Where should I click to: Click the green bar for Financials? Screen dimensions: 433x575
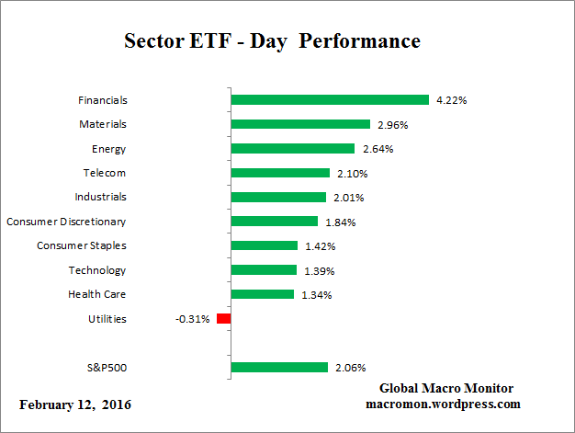pyautogui.click(x=330, y=100)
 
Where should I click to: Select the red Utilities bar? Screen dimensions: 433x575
pyautogui.click(x=223, y=319)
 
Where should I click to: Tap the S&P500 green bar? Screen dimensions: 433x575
pyautogui.click(x=279, y=368)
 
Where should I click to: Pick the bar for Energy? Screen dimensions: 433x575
pyautogui.click(x=292, y=149)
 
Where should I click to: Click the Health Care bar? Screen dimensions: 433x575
pyautogui.click(x=262, y=294)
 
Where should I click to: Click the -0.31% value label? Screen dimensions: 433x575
pyautogui.click(x=192, y=319)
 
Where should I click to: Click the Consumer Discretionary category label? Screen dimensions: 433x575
pyautogui.click(x=66, y=222)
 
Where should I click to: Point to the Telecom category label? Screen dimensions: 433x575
pyautogui.click(x=104, y=173)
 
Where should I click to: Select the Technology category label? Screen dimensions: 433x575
pyautogui.click(x=96, y=270)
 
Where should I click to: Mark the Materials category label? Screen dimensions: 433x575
pyautogui.click(x=102, y=124)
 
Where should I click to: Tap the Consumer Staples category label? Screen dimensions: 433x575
pyautogui.click(x=81, y=245)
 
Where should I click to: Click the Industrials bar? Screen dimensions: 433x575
pyautogui.click(x=278, y=197)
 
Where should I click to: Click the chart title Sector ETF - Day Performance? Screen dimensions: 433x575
pyautogui.click(x=271, y=42)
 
